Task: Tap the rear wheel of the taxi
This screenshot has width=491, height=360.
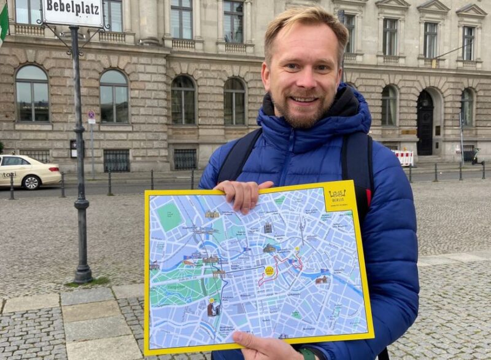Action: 31,182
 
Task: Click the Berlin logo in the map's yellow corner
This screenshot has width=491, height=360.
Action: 338,196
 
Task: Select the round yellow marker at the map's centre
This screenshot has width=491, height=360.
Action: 269,270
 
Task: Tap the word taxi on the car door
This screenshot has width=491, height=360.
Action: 9,174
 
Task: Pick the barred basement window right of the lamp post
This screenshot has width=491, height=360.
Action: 116,160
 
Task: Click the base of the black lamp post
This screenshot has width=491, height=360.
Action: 83,273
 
